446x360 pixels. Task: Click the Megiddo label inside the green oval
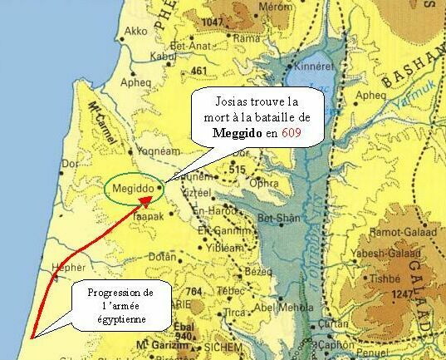(132, 189)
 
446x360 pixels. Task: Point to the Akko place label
(135, 31)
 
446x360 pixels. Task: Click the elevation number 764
(195, 290)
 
